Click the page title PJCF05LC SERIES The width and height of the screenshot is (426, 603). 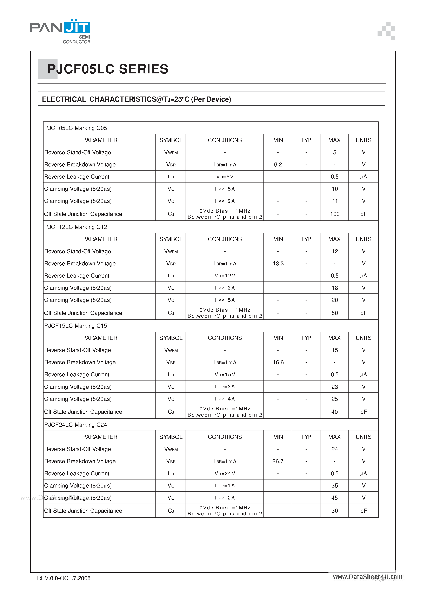108,69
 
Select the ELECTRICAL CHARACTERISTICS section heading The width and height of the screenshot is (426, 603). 136,99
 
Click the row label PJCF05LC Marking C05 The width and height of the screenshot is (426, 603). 76,128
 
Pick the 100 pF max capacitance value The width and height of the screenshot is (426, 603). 335,214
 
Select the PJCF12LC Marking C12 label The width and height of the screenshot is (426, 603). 76,227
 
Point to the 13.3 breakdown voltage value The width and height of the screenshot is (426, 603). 278,263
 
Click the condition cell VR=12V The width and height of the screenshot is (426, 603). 225,276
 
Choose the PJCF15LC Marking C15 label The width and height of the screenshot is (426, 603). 76,326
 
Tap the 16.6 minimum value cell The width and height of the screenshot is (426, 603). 278,362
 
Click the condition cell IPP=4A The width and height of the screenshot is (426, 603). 225,399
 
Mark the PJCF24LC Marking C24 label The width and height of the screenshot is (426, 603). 76,425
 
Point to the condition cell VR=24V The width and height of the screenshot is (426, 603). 225,473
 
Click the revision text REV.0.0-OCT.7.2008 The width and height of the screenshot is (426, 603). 64,578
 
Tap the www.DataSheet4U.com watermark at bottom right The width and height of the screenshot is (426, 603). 367,577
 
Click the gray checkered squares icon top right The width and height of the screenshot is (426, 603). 386,31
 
